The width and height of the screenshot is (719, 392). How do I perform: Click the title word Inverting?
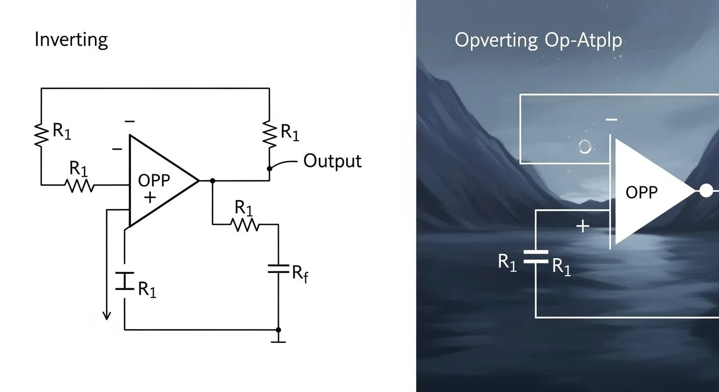pos(71,39)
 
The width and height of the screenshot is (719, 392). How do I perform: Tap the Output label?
pos(332,161)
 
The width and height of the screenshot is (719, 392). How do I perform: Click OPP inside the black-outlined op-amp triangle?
pos(154,181)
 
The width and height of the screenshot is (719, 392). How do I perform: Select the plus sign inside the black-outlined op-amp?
pos(149,198)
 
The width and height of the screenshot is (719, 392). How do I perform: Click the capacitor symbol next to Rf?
pos(278,268)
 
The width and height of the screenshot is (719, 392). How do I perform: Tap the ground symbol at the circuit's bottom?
pos(278,339)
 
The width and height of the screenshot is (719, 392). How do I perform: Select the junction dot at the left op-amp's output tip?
pos(212,180)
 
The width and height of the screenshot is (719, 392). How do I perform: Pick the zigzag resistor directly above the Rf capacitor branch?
pos(246,224)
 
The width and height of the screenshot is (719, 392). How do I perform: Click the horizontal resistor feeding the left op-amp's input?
pos(80,185)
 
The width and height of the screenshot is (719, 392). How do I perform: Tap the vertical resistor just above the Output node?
pos(269,133)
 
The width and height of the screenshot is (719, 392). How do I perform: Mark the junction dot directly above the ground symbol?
pos(278,330)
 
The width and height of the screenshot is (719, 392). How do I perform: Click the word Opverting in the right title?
pos(496,40)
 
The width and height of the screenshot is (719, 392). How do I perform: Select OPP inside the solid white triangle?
pos(641,192)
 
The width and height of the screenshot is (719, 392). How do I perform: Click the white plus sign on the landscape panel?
pos(583,226)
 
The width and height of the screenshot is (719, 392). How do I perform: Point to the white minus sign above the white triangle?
pos(611,120)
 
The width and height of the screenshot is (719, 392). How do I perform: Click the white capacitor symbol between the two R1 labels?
pos(535,256)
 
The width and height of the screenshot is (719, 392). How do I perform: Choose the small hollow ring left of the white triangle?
pos(585,147)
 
